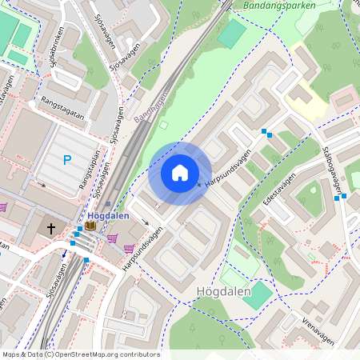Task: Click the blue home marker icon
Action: point(180,173)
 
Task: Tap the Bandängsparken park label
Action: point(276,5)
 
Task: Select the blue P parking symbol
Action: point(67,160)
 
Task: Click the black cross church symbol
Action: point(51,229)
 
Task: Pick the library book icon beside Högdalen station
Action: point(90,227)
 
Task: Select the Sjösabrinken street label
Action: point(53,48)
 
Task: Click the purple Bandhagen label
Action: point(151,107)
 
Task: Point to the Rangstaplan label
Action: point(89,169)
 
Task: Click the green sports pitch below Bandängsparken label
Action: point(232,34)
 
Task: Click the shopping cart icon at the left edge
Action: point(3,207)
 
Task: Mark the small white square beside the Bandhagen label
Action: point(163,124)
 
